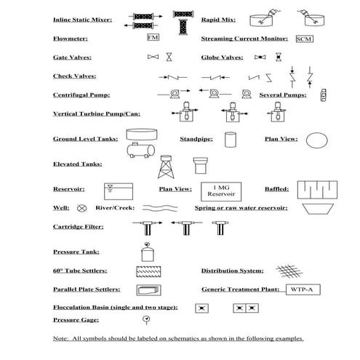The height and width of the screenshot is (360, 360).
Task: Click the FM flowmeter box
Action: point(153,36)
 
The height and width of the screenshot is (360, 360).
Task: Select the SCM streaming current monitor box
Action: point(304,38)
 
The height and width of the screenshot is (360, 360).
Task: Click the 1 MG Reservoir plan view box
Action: point(220,191)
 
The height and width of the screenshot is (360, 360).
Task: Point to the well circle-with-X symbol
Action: point(81,208)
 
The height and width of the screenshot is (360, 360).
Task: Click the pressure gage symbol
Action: point(145,320)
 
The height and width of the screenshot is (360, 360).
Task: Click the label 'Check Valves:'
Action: point(75,76)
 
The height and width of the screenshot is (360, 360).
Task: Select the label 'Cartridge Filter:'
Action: point(79,227)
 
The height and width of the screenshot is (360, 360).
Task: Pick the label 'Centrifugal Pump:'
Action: point(81,95)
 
